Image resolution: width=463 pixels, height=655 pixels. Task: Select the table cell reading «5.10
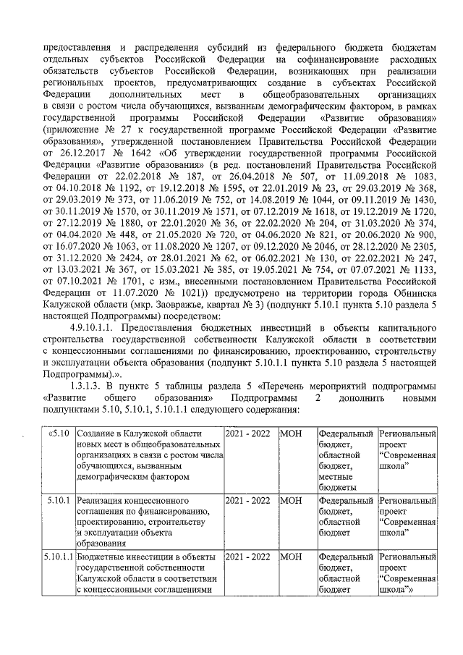(58, 433)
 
